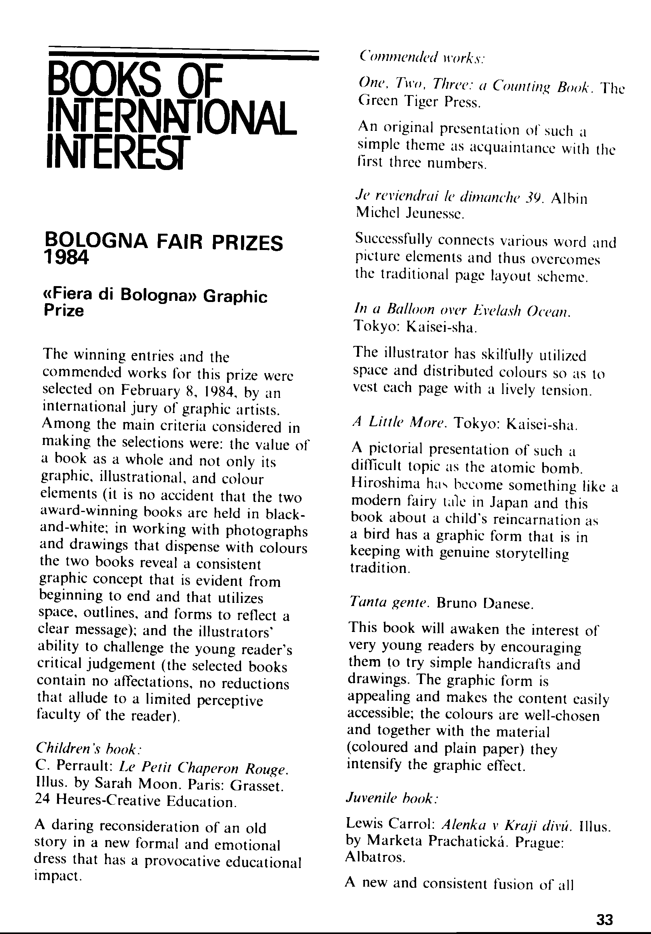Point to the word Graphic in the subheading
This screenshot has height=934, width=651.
coord(235,297)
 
